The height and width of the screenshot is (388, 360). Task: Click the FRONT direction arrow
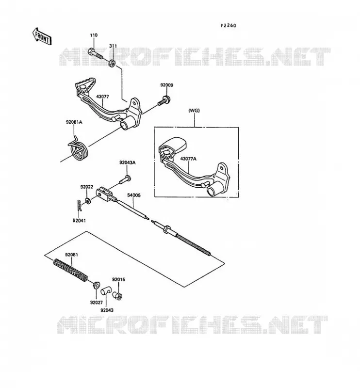point(42,36)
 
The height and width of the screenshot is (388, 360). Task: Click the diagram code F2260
point(229,26)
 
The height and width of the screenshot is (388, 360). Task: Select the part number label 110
point(94,35)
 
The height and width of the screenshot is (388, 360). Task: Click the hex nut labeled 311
point(112,63)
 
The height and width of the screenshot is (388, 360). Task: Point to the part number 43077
point(102,97)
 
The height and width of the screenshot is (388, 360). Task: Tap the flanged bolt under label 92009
point(163,101)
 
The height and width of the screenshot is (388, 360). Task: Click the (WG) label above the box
point(194,111)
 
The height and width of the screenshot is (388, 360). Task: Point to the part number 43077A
point(188,159)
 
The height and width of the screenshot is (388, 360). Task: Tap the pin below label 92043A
point(125,179)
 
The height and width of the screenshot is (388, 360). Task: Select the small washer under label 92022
point(88,200)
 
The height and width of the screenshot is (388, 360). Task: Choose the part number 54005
point(134,195)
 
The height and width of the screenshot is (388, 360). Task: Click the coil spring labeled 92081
point(70,270)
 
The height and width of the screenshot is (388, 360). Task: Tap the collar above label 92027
point(96,285)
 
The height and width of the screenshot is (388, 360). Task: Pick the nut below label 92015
point(117,295)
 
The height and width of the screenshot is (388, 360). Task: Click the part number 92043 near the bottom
point(107,310)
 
